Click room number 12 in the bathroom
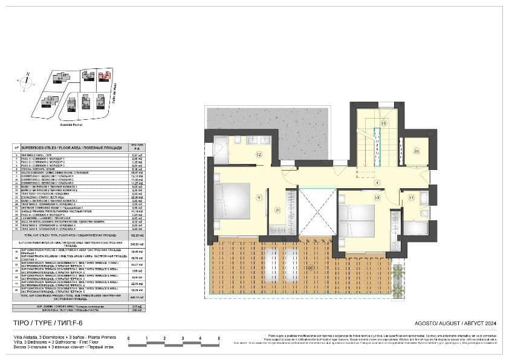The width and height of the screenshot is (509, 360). click(x=258, y=155)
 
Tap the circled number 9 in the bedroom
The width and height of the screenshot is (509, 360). click(x=258, y=197)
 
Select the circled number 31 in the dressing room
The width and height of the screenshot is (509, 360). click(x=277, y=210)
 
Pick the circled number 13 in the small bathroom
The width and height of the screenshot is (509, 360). click(x=411, y=197)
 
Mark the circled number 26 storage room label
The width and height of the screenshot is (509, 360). click(x=417, y=151)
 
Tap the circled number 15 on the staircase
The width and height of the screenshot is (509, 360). click(x=383, y=123)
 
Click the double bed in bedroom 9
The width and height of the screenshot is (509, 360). click(x=233, y=201)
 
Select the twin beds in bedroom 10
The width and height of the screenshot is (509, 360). click(x=357, y=221)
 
